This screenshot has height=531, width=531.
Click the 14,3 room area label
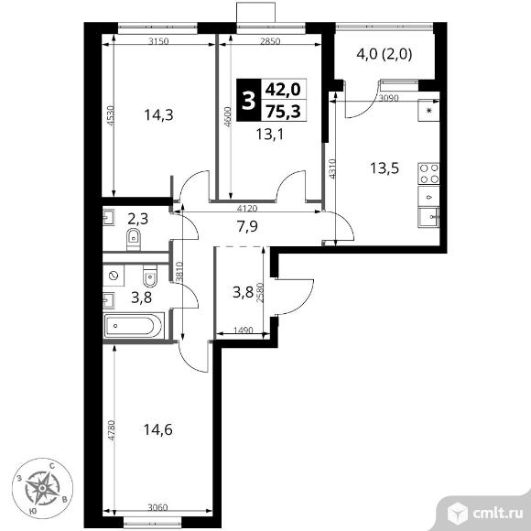pos(158,115)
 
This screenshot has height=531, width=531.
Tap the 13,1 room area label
pos(269,135)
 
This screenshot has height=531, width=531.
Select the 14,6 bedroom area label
pos(158,429)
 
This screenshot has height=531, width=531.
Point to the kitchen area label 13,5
pos(385,168)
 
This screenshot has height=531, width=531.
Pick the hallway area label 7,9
pos(247,226)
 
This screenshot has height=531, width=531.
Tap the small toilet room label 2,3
pos(138,219)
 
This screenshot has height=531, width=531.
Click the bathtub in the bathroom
pos(134,326)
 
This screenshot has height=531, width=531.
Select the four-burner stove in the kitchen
pos(428,173)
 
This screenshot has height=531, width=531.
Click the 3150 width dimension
pos(158,41)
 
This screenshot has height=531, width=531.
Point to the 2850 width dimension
pos(270,41)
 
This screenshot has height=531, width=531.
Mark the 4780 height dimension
pos(112,430)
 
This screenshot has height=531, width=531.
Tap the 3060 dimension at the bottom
pos(157,507)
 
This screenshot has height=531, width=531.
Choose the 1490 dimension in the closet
pos(244,330)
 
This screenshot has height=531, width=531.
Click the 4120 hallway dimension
pos(247,209)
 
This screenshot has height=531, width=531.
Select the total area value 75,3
pos(283,111)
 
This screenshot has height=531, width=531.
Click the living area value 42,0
pos(283,90)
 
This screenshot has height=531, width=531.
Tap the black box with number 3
pos(249,100)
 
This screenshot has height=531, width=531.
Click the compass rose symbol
pos(42,488)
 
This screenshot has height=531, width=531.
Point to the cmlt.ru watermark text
pos(497,514)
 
